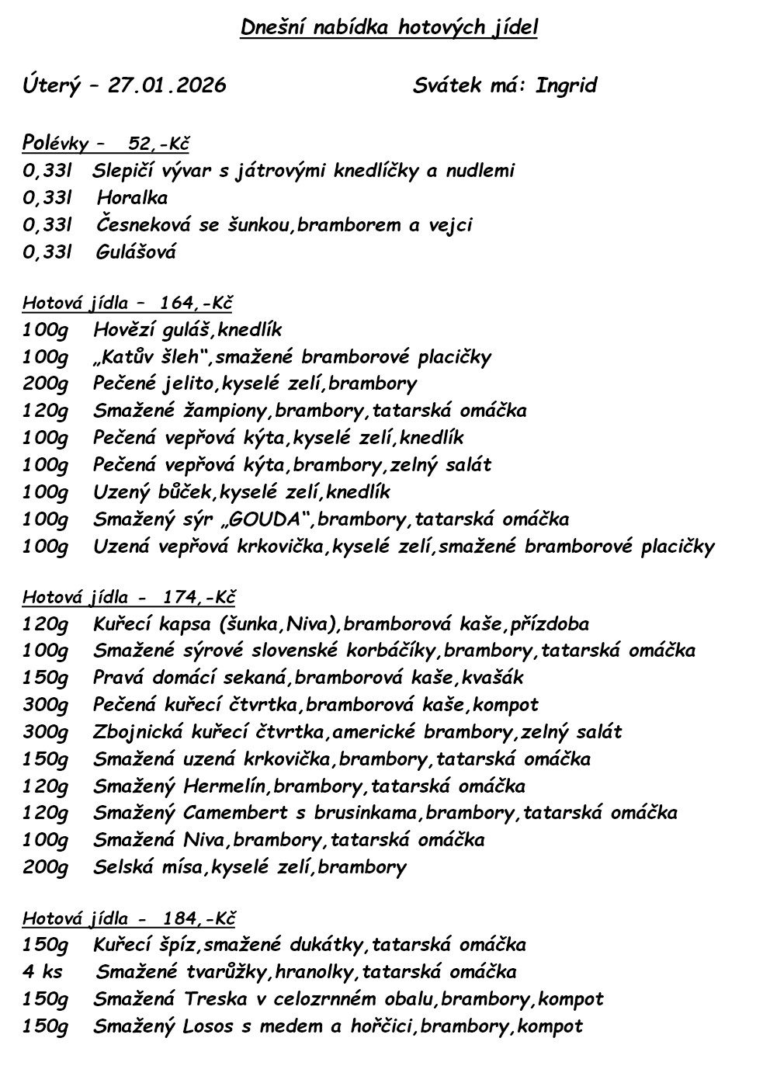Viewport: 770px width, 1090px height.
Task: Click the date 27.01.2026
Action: tap(167, 85)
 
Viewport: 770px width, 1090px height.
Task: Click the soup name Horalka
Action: tap(132, 198)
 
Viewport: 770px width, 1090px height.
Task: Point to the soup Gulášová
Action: tap(137, 252)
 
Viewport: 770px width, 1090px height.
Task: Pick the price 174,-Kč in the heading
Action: tap(199, 597)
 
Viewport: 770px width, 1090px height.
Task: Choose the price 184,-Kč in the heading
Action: tap(199, 918)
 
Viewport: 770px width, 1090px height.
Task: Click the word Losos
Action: tap(209, 1026)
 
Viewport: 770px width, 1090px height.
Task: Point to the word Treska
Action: tap(211, 999)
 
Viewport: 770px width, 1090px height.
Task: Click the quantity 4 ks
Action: tap(43, 972)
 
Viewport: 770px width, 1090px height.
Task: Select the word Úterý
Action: tap(50, 85)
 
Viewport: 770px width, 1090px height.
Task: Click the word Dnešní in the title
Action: tap(270, 29)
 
